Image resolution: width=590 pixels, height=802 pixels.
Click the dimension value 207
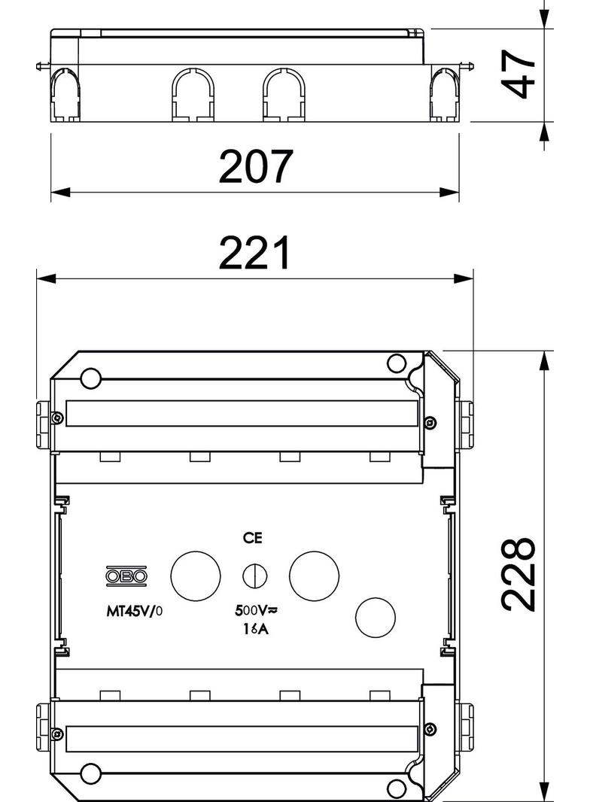256,166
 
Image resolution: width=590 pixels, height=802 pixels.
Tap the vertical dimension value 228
519,574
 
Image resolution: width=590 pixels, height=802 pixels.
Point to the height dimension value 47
519,73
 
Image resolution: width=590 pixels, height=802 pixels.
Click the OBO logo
126,576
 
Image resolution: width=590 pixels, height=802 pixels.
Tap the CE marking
252,538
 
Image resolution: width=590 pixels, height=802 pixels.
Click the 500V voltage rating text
256,609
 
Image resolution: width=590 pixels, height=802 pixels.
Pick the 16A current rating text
256,629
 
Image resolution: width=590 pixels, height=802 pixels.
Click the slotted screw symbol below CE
255,576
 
